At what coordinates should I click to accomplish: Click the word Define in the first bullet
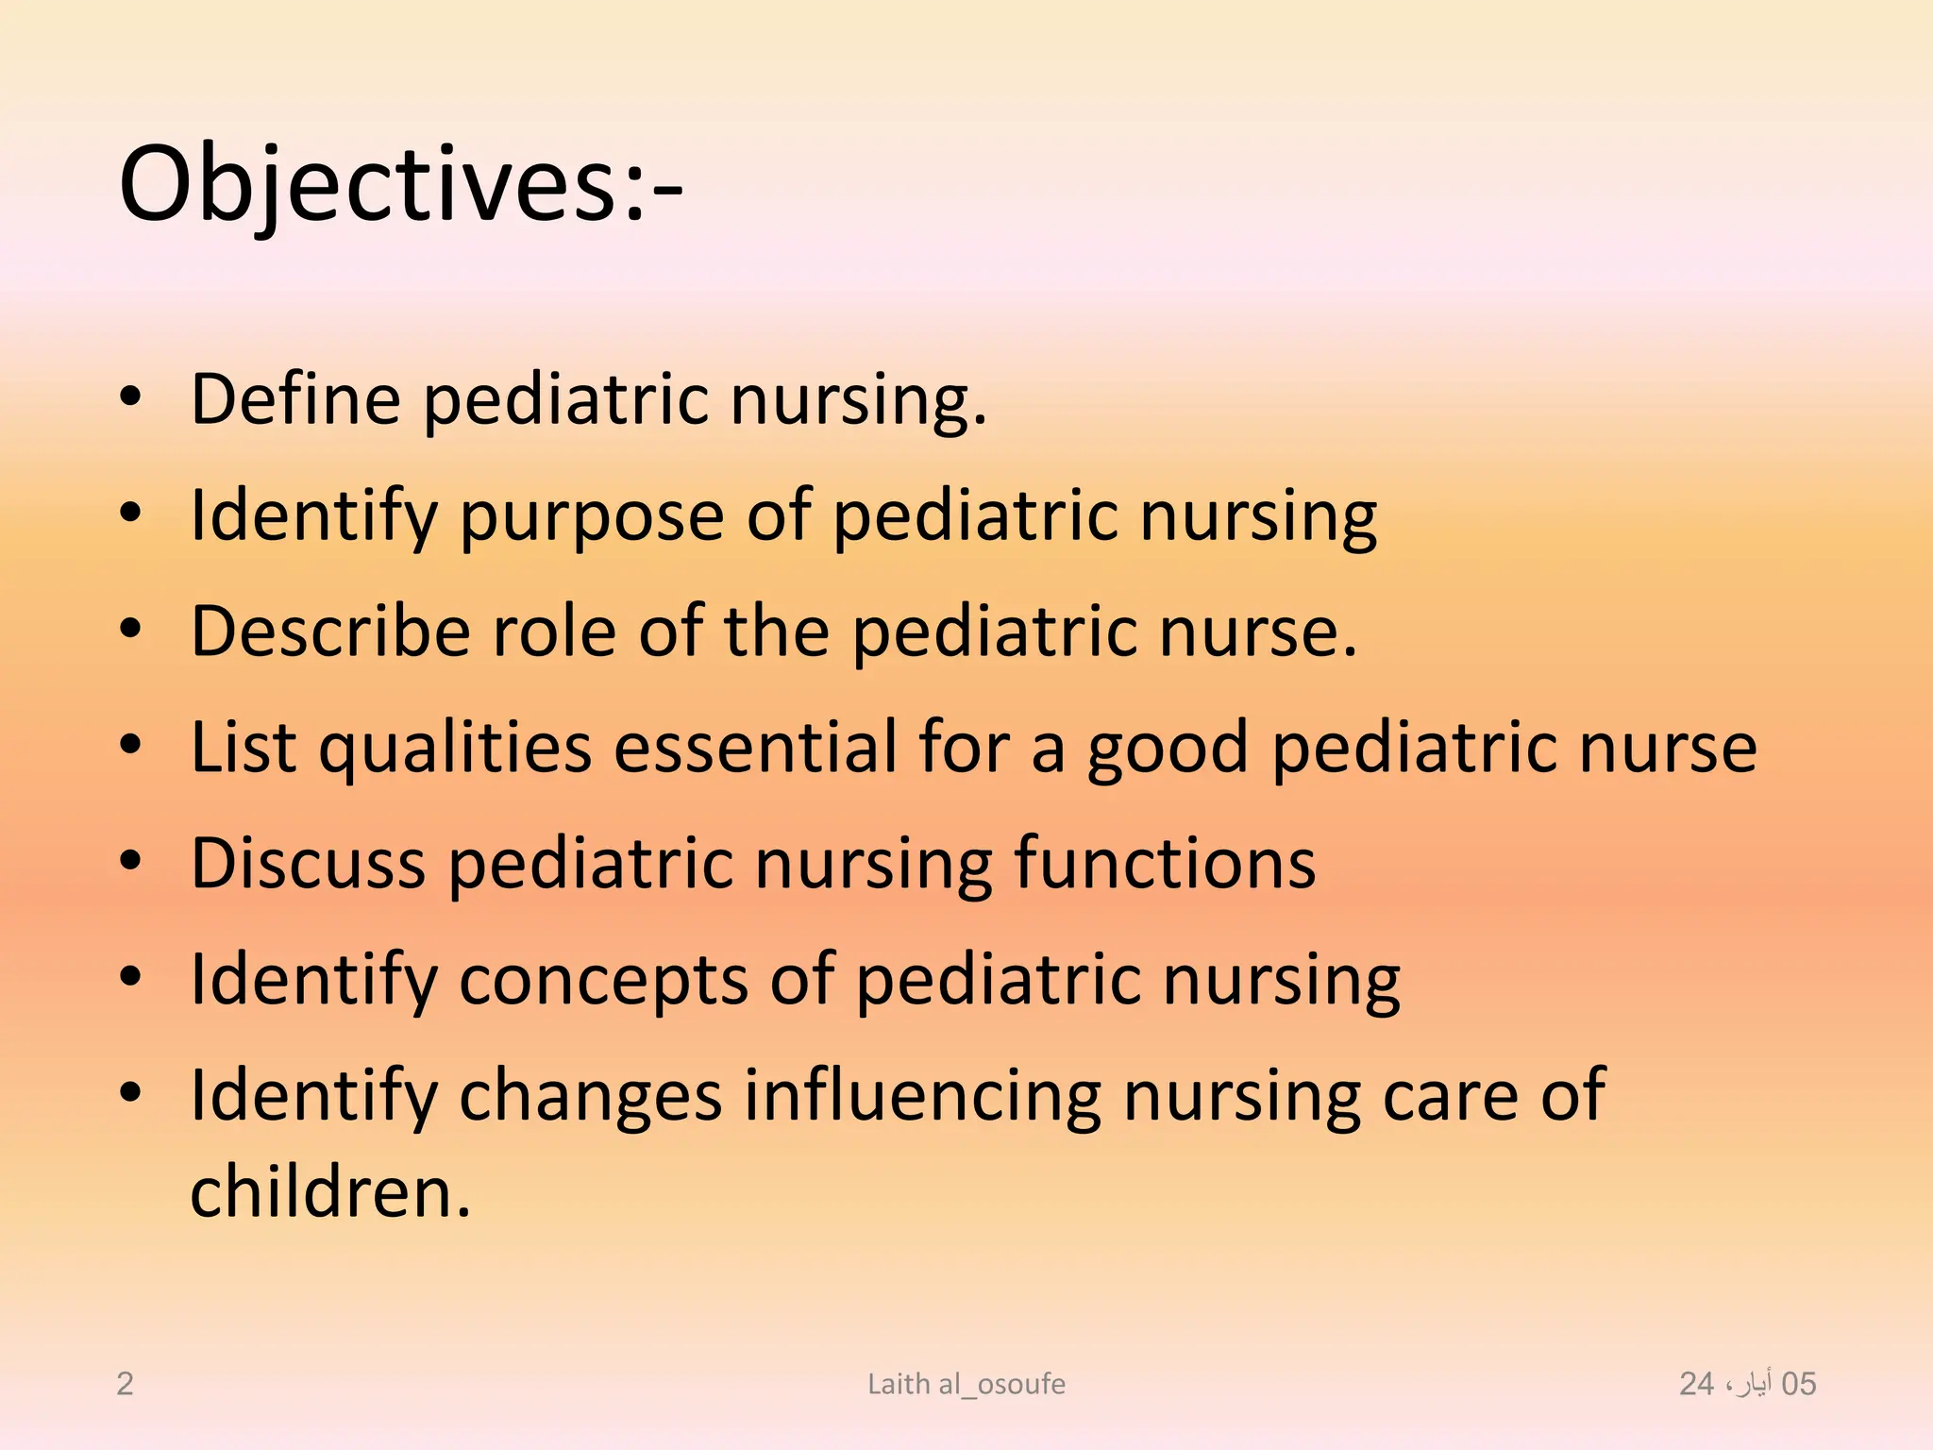(295, 399)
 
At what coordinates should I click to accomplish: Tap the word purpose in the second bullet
(592, 516)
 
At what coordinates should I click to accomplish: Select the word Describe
(330, 631)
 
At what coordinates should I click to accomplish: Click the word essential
(755, 747)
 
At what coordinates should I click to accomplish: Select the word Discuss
(308, 863)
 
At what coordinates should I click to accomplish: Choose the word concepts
(603, 981)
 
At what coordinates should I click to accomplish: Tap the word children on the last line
(330, 1192)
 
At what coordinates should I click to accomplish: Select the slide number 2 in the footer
(125, 1384)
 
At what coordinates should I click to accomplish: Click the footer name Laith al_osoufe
(966, 1384)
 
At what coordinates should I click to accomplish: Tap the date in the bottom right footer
(1747, 1384)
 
